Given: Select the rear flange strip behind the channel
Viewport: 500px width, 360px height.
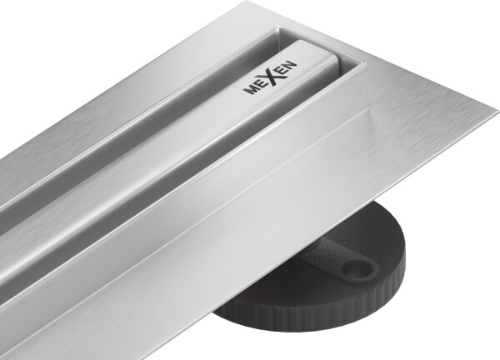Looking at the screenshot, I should (167, 42).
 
